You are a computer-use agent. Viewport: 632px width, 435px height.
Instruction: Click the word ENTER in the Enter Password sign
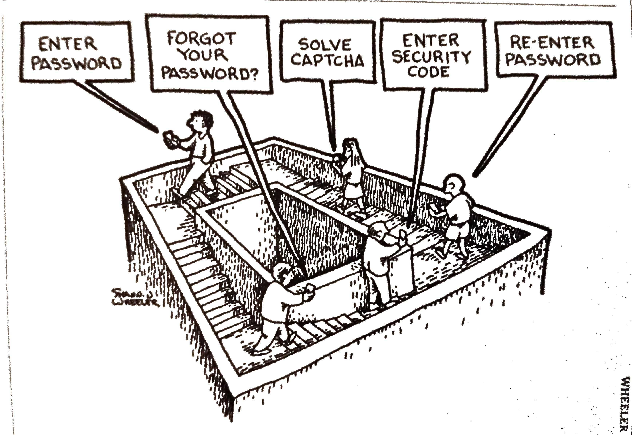(x=68, y=45)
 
